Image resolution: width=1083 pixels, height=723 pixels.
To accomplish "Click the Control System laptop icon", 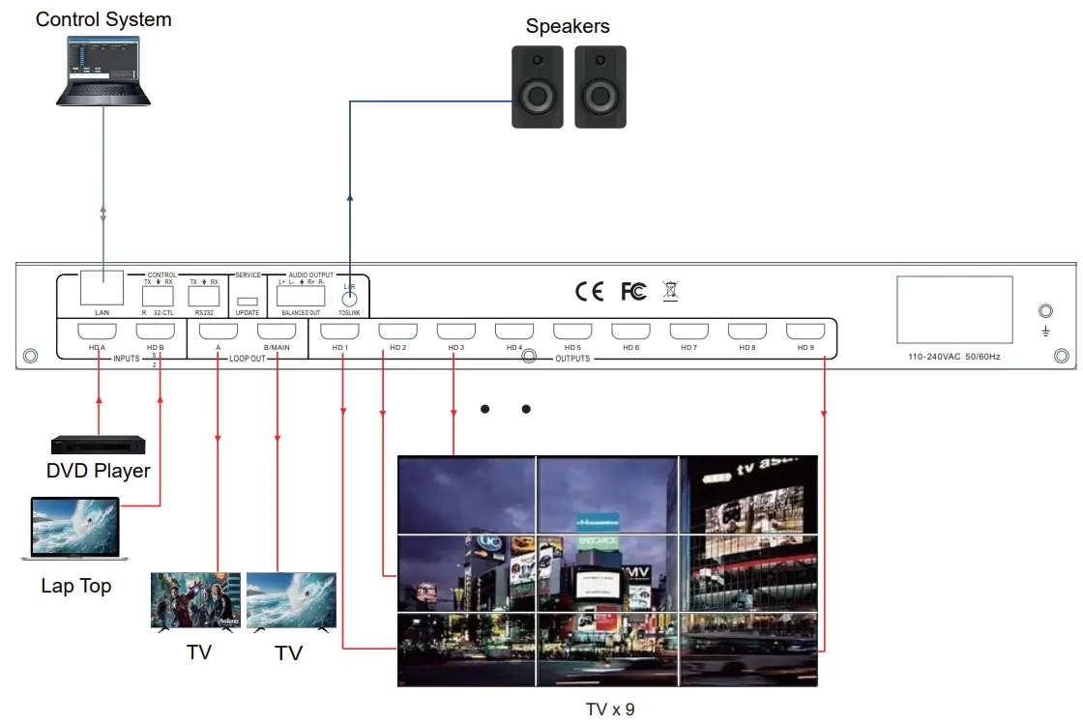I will point(103,70).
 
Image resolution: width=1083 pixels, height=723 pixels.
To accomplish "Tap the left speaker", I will point(538,87).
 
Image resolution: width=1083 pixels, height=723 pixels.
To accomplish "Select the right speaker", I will point(600,87).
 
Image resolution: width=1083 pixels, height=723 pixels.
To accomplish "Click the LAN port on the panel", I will point(102,288).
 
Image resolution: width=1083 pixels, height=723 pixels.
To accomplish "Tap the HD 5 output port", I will point(572,332).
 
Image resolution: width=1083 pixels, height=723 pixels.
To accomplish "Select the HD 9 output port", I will point(805,332).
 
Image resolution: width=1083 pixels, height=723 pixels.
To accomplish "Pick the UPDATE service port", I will point(247,302).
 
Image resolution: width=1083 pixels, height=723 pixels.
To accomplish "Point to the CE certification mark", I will point(589,290).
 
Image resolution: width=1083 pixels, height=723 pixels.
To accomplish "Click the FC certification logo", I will point(633,290).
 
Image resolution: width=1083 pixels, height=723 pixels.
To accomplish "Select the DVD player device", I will point(98,445).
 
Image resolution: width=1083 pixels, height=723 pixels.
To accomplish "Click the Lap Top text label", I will point(76,586).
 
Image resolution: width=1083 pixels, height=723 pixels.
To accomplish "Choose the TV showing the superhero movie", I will point(196,601).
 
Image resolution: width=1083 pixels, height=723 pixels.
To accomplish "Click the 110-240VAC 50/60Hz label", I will point(955,357).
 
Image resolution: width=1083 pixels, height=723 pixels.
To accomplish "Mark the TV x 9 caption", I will point(610,709).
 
